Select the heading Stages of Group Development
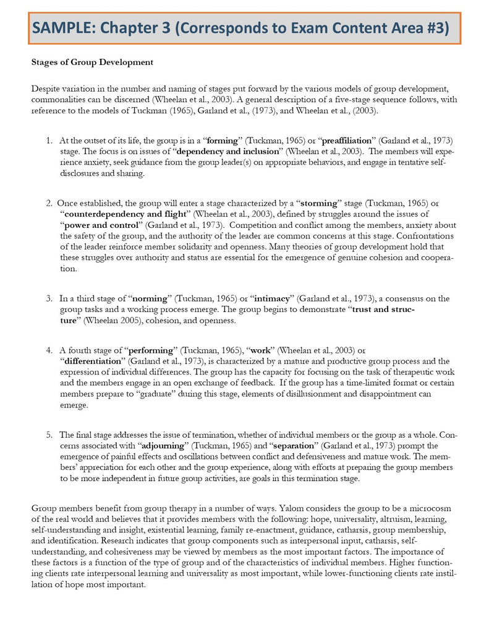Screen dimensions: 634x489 point(92,63)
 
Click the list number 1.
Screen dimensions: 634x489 point(49,141)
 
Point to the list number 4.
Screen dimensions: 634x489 point(49,350)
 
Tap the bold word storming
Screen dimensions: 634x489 point(319,202)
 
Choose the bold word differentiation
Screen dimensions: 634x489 point(94,361)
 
